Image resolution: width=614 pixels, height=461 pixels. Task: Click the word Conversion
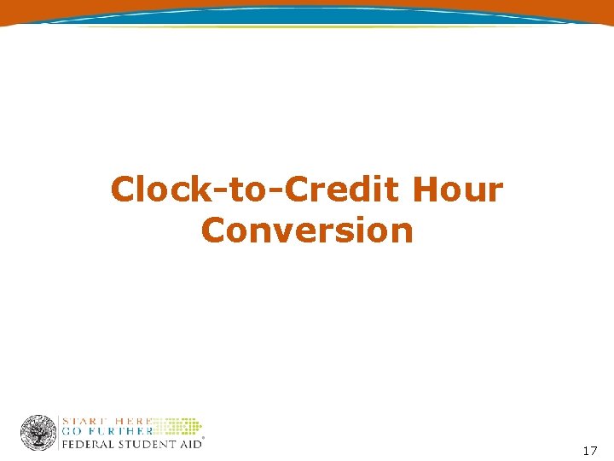[307, 230]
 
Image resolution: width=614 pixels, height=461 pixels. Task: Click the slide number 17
[589, 450]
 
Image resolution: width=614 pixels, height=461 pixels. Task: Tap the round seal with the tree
[38, 432]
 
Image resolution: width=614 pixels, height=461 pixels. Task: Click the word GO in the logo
[71, 431]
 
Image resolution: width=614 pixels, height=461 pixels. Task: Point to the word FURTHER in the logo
[115, 431]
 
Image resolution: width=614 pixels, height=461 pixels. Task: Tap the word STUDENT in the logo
[146, 443]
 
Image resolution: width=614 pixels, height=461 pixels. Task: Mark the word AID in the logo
[189, 443]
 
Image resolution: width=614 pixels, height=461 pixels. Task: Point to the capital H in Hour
[426, 190]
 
